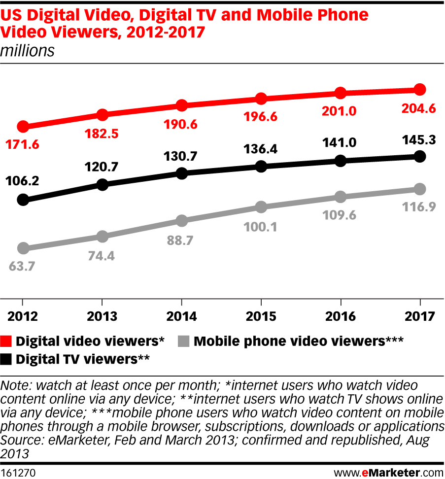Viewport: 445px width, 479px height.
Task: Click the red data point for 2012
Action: [x=22, y=127]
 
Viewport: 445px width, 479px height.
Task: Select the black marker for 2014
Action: [x=182, y=173]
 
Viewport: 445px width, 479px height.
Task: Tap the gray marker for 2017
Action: [x=420, y=189]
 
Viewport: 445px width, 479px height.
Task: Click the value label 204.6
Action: [x=419, y=109]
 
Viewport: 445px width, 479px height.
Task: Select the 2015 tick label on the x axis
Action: [x=261, y=316]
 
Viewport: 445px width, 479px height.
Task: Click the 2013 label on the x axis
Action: [x=102, y=316]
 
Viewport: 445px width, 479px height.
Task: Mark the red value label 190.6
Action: [x=181, y=124]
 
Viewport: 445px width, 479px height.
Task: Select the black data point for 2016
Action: [x=340, y=161]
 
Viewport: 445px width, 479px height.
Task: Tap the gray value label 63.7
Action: [x=23, y=267]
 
